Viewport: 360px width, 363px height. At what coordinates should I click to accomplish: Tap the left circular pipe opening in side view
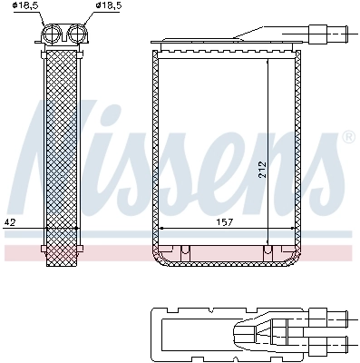coord(53,35)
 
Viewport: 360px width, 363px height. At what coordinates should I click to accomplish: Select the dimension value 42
coord(10,221)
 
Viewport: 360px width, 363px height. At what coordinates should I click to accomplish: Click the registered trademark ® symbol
coord(347,137)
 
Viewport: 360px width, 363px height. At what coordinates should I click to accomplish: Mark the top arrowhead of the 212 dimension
coord(267,64)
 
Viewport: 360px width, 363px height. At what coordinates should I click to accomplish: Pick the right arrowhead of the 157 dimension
coord(295,228)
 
